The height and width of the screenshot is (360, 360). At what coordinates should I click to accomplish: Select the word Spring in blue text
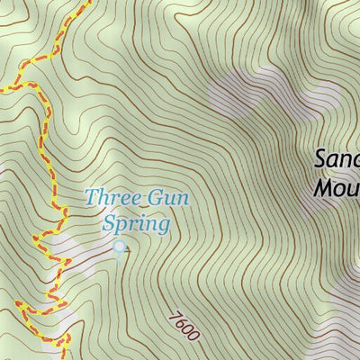click(x=137, y=222)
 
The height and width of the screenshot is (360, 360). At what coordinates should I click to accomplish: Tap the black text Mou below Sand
click(x=337, y=188)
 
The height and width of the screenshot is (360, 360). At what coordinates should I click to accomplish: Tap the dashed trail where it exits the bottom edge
click(x=66, y=355)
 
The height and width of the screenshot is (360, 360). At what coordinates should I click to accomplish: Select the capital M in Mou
click(x=324, y=188)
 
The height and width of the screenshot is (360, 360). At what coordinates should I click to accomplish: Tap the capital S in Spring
click(x=111, y=222)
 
